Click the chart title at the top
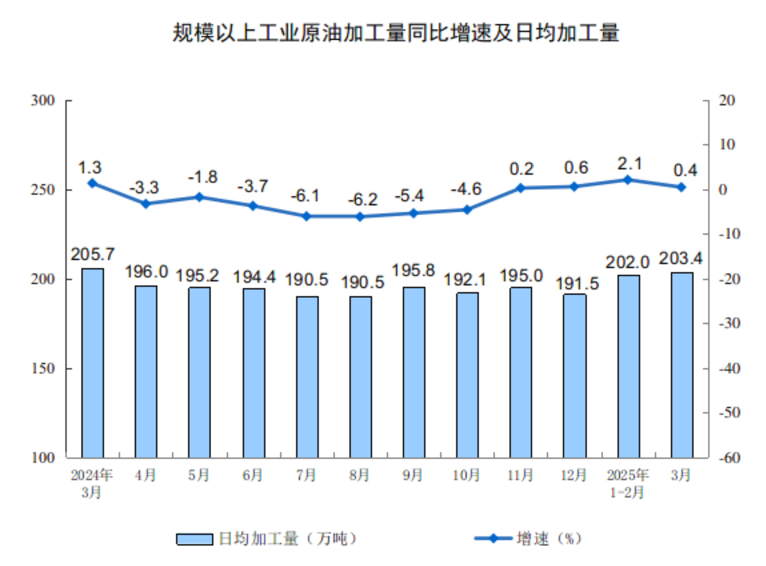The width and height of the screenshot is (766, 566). coord(395,32)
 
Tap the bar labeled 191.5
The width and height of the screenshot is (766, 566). coord(574,376)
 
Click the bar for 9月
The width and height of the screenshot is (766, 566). coord(414,372)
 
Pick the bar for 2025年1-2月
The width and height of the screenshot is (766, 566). coord(628,366)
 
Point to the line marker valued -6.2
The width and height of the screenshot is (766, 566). coord(360,217)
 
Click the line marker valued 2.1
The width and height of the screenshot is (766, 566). coord(628,180)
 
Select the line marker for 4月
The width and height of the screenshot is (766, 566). coord(146,204)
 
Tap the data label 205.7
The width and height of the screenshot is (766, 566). coord(92,254)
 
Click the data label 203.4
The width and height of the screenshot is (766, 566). coord(680,258)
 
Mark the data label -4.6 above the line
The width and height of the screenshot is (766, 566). coord(466,189)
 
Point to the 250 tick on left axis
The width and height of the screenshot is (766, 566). coord(43,190)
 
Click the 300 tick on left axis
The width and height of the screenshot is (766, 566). coord(43,100)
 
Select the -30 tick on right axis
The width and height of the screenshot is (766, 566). coord(729,323)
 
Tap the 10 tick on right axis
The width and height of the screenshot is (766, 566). coord(727,145)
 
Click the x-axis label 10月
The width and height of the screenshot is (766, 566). coord(466,475)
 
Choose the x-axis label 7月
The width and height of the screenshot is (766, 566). coord(306,475)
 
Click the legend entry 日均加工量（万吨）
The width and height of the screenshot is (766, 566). coord(267,539)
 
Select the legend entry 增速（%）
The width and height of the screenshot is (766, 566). coord(529,539)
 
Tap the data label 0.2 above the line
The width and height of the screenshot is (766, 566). coord(521,169)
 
